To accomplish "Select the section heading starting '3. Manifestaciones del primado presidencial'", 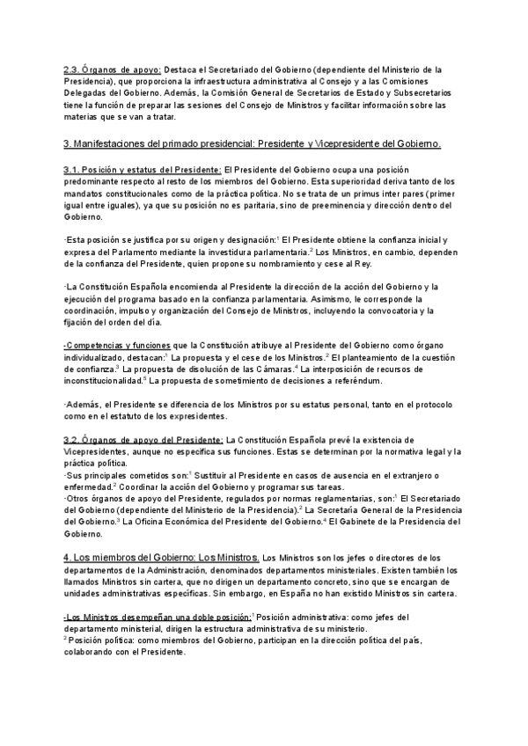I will [x=253, y=143].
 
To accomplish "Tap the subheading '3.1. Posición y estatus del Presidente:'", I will [x=143, y=169].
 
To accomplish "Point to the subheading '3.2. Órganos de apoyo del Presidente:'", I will [x=143, y=438].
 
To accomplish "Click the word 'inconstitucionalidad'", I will [x=100, y=382].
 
